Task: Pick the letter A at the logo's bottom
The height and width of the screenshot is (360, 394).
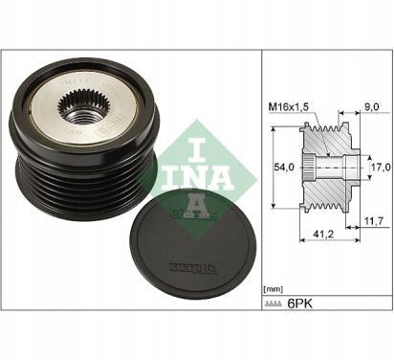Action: tap(188, 182)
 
